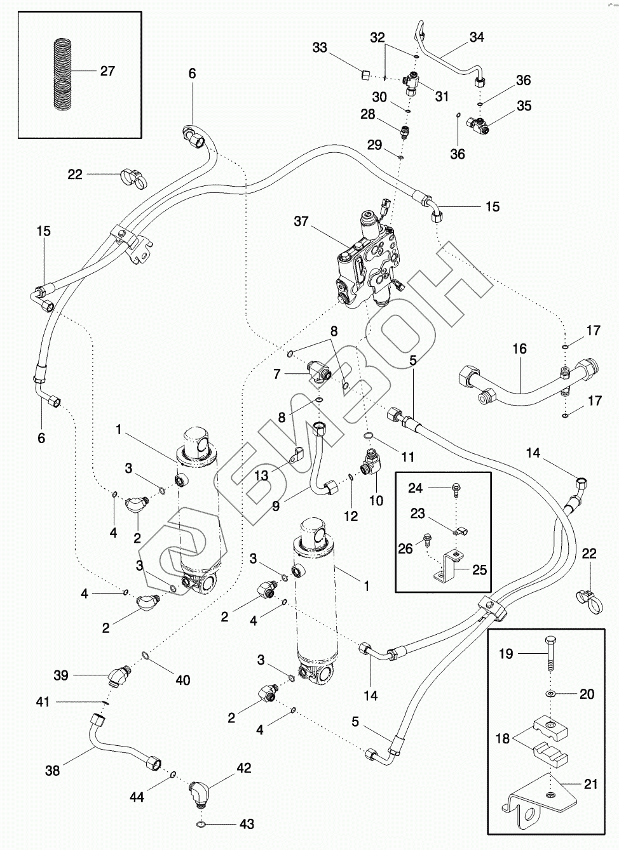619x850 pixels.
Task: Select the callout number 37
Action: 301,222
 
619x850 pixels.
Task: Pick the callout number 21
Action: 591,785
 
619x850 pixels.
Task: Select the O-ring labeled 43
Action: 200,825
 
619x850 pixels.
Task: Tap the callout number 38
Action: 52,771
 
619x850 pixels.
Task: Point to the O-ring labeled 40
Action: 147,656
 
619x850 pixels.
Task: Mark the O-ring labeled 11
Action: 368,436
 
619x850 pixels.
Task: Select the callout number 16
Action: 519,349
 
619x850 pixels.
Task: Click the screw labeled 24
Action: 456,488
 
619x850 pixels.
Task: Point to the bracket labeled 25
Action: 450,568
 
